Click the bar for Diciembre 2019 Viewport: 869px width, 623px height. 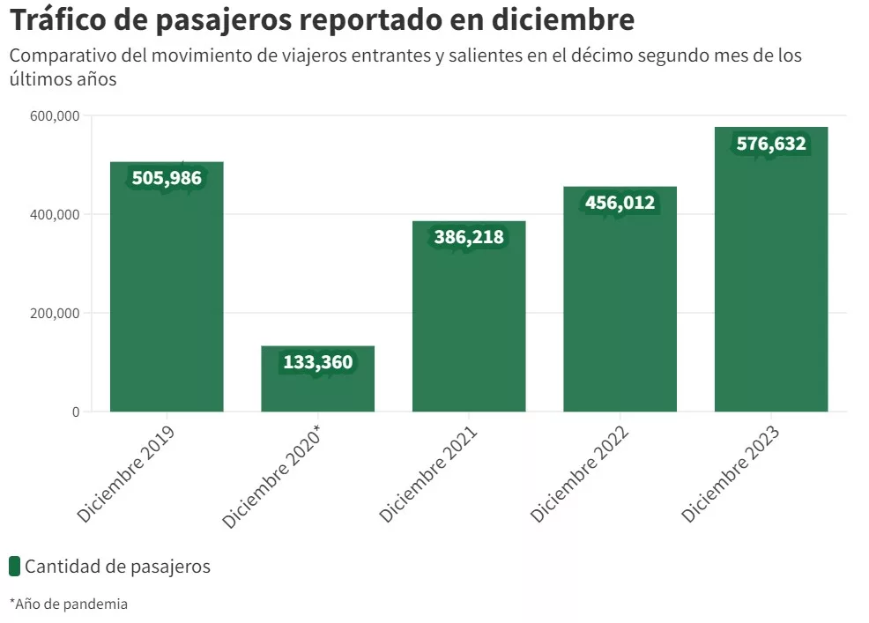click(167, 286)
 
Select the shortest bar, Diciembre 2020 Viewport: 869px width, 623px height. click(317, 379)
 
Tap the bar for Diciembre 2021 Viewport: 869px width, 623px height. click(469, 316)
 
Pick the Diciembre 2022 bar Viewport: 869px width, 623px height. click(620, 300)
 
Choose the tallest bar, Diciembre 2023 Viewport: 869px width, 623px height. click(771, 270)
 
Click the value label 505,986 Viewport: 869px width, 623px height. click(167, 178)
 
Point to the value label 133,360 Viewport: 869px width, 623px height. click(318, 362)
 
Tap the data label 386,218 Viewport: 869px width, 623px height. click(469, 237)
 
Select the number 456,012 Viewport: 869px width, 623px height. click(620, 203)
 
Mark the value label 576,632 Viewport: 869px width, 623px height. click(771, 144)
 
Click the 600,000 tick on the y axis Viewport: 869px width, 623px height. click(55, 115)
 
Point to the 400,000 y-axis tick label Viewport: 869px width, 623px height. click(55, 214)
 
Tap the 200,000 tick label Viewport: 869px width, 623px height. click(55, 313)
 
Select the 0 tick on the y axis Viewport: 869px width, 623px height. click(76, 412)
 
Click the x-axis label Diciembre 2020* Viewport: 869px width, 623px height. click(271, 477)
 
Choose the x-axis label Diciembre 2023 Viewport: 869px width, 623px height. click(731, 474)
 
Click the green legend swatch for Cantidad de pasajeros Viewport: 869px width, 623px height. click(15, 567)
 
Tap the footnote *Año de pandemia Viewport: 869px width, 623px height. click(69, 604)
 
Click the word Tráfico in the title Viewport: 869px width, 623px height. click(58, 19)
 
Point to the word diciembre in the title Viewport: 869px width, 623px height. click(563, 19)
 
